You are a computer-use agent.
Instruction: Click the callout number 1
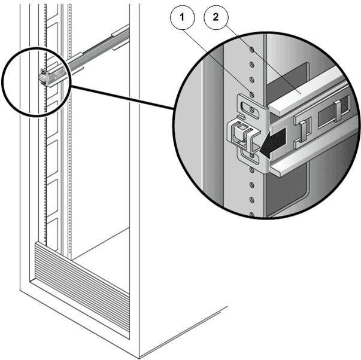point(183,17)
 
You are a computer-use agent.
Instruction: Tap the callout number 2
point(216,17)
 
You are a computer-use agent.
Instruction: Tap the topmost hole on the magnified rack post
point(252,49)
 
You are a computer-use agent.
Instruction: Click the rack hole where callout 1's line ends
point(252,94)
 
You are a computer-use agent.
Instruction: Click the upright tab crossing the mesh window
point(338,111)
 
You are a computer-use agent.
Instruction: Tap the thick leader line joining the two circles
point(122,97)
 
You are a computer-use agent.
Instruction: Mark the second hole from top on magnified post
point(252,65)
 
